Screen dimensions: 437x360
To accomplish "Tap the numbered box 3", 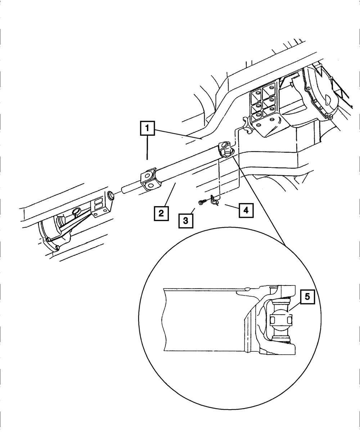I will [x=185, y=220].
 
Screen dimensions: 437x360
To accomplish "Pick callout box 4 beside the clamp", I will [x=246, y=210].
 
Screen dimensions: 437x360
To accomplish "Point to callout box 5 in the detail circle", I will [x=307, y=297].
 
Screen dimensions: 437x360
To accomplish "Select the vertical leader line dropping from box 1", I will [x=147, y=148].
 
